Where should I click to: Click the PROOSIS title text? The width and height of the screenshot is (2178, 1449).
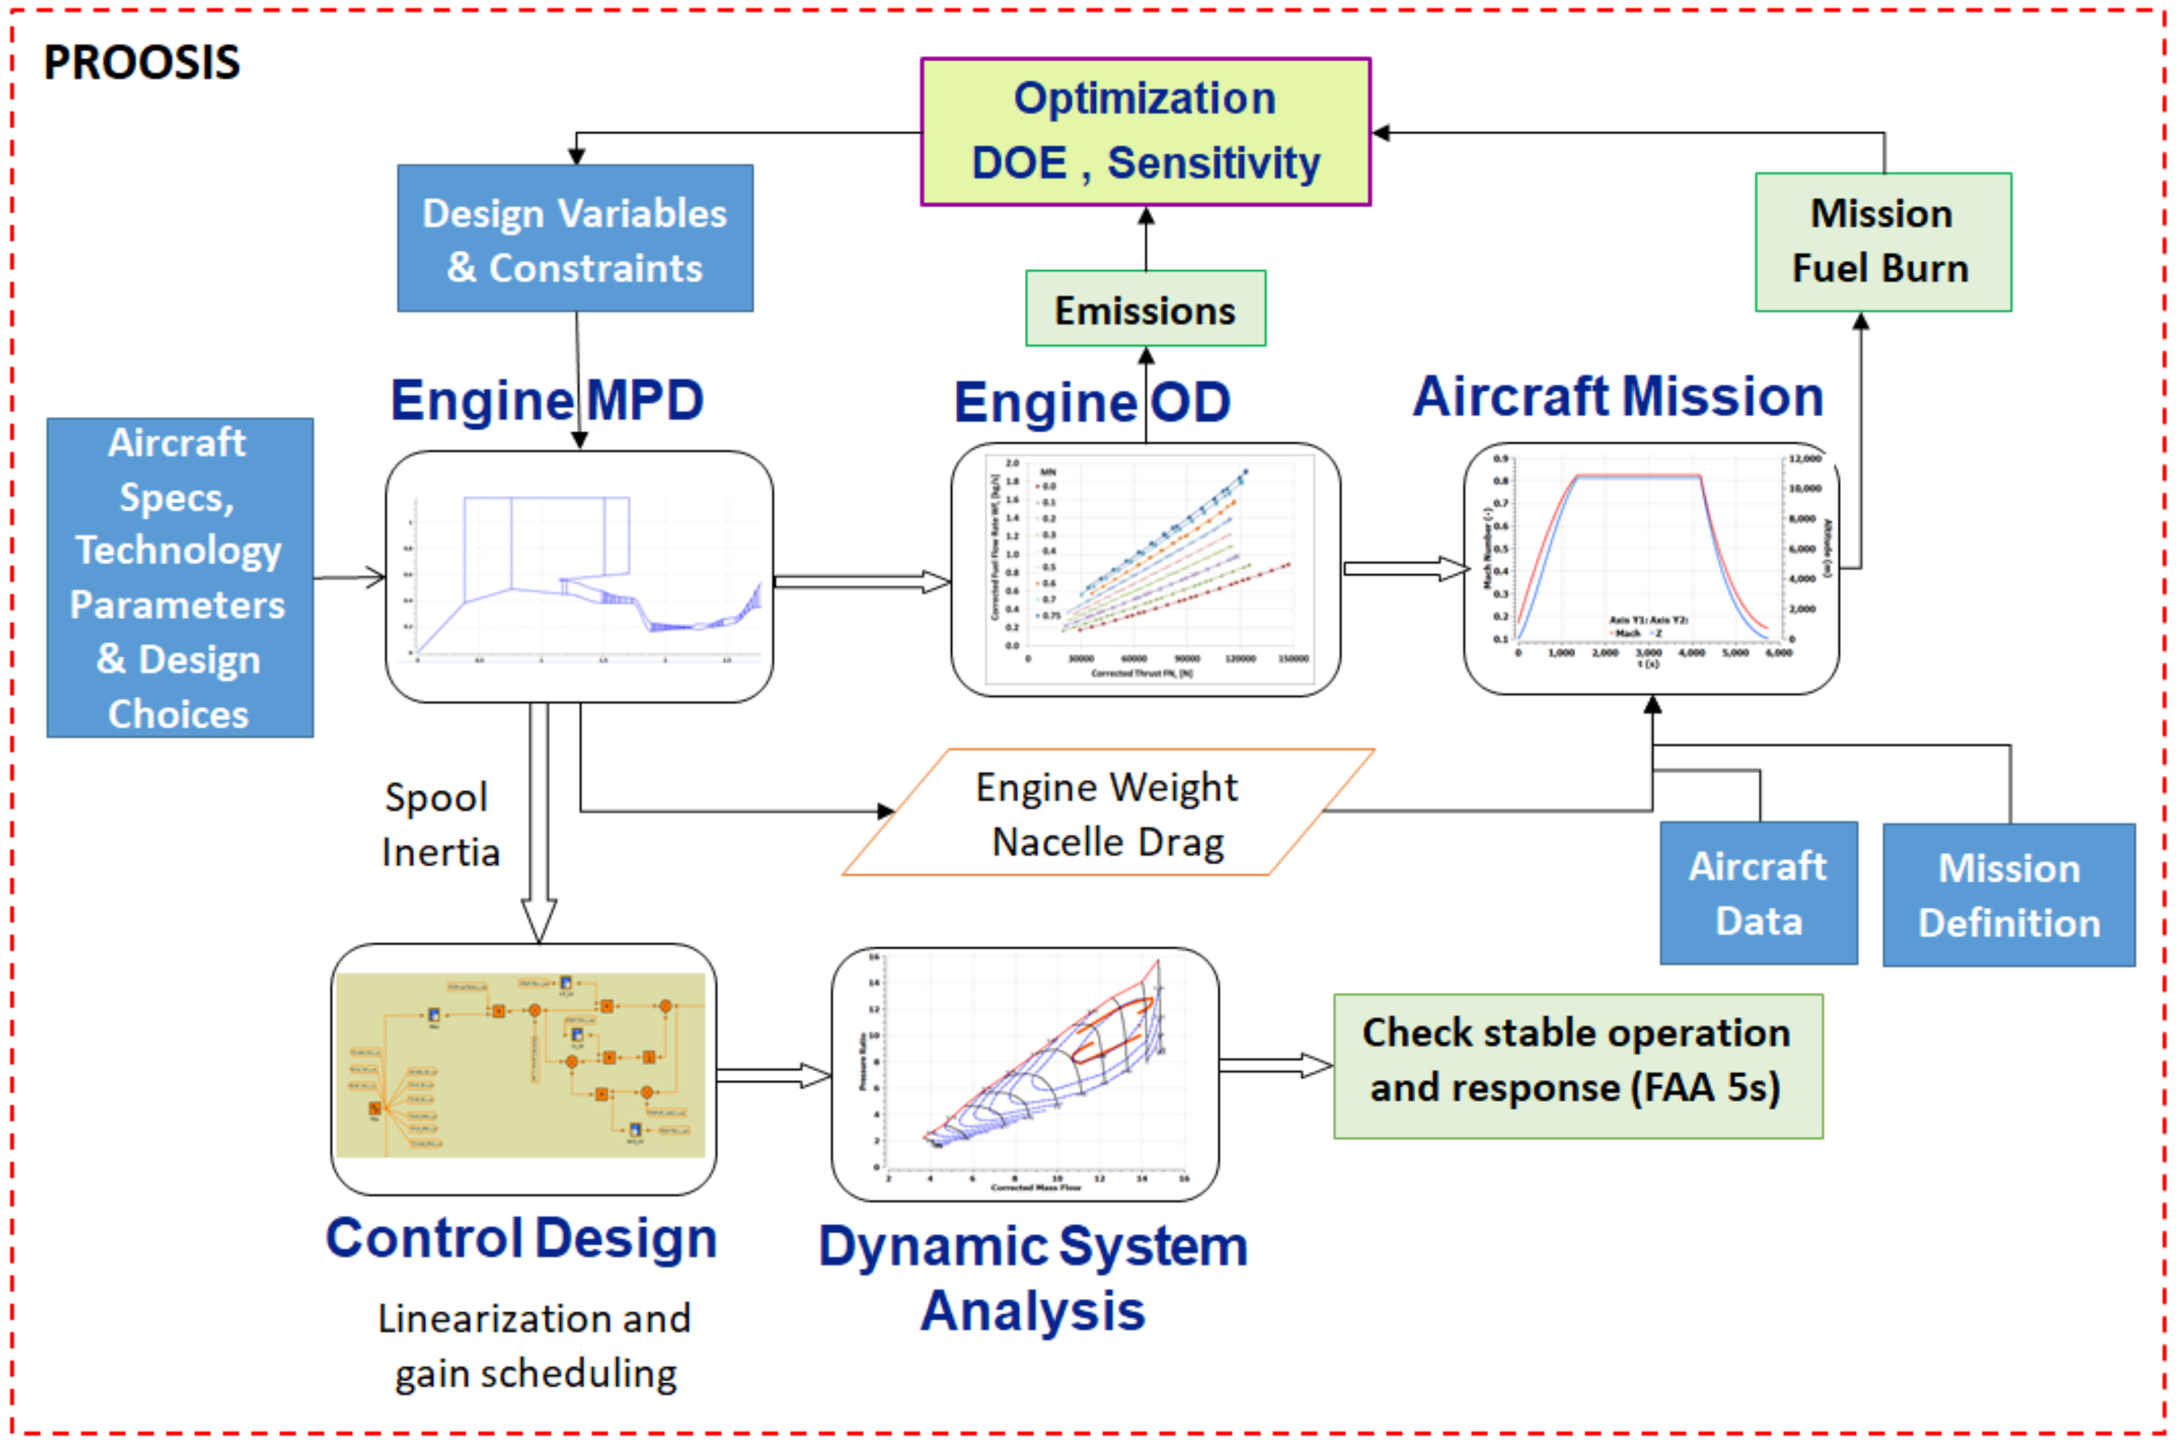pos(141,63)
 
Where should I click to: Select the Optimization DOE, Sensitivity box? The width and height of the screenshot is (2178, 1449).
pos(1145,131)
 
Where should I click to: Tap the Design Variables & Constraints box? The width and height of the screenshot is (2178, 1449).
pos(575,238)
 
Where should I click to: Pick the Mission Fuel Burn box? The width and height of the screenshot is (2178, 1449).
pos(1883,241)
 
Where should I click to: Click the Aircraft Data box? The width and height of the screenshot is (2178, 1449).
pos(1758,893)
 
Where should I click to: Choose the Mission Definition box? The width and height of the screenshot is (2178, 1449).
pos(2008,894)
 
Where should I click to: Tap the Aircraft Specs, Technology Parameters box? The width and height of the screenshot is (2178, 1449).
pos(179,578)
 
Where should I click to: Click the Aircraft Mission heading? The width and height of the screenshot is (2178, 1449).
pos(1618,396)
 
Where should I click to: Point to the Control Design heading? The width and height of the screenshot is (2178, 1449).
pos(521,1238)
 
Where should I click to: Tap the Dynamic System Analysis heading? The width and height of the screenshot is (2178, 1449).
pos(1033,1278)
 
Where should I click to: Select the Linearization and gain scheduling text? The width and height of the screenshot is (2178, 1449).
pos(534,1345)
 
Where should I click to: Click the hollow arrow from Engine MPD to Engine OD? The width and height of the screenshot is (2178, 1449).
pos(861,581)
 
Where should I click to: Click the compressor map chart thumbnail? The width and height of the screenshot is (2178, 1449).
pos(1024,1074)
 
